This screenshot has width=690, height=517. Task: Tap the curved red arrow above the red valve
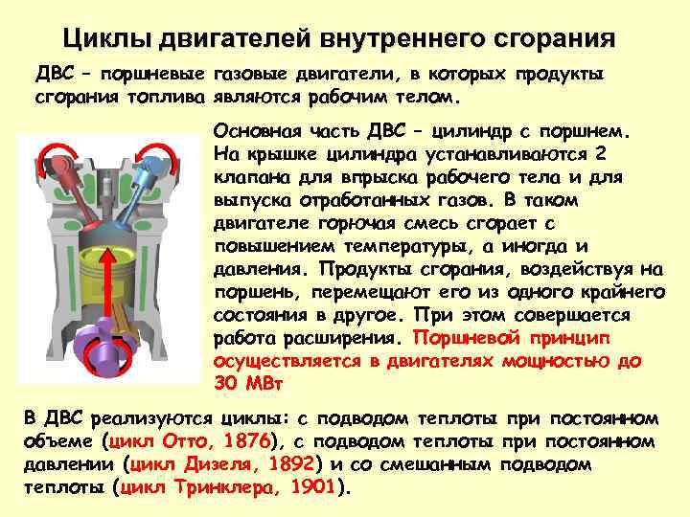tap(41, 159)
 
